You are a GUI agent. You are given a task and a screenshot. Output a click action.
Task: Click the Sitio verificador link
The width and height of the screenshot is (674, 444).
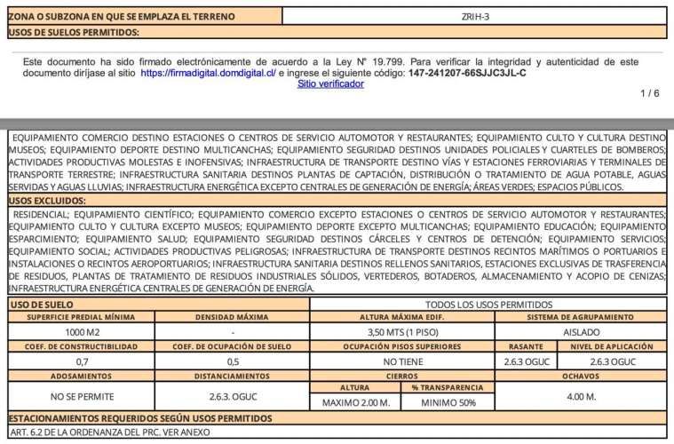pos(330,83)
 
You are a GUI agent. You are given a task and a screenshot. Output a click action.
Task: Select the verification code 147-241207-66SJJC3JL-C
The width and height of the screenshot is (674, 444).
pos(467,73)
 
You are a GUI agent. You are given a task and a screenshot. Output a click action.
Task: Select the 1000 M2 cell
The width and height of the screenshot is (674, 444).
pos(81,331)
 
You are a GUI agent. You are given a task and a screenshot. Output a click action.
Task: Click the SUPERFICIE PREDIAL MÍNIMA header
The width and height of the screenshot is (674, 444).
pos(81,317)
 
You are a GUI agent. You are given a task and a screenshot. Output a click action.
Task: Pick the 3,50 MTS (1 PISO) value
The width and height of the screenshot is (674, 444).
pos(401,331)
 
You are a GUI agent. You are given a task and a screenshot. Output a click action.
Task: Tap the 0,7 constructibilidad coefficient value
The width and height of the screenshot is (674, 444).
pos(81,361)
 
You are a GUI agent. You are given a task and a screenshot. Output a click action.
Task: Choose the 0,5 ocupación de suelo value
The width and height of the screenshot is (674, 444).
pos(233,361)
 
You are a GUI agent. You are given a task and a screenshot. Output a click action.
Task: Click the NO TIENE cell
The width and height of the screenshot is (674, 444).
pos(401,361)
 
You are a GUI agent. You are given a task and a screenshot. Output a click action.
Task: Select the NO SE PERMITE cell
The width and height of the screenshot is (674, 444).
pos(81,396)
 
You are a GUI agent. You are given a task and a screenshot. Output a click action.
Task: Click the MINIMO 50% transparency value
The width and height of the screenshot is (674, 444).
pos(448,402)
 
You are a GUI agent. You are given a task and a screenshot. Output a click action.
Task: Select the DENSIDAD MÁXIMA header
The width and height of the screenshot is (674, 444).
pos(233,317)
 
